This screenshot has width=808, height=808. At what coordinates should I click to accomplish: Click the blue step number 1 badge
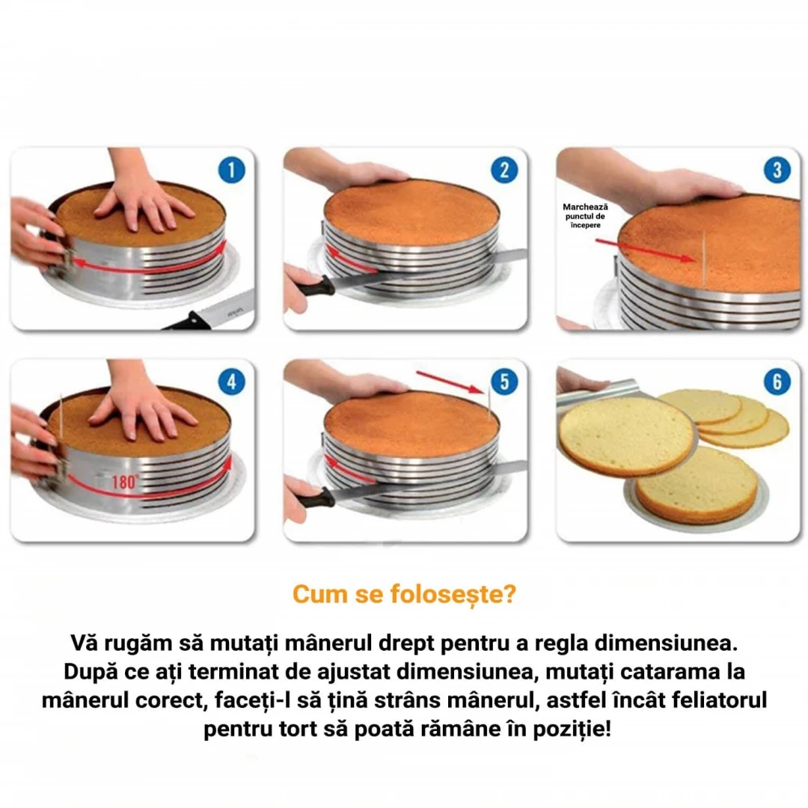231,170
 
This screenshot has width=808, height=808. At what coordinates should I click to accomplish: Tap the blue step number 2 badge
504,170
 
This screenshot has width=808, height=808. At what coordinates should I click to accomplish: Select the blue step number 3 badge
777,170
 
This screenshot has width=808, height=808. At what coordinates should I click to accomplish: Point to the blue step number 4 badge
231,382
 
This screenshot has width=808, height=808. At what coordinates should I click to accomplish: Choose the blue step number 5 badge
504,382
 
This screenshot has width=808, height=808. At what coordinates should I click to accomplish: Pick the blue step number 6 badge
777,382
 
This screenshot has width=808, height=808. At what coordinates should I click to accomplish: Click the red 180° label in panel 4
125,482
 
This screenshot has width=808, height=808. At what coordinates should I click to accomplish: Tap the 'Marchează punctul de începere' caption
585,216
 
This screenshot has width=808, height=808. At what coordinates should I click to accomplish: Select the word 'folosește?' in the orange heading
453,594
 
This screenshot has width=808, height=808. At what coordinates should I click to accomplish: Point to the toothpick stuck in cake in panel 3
703,257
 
